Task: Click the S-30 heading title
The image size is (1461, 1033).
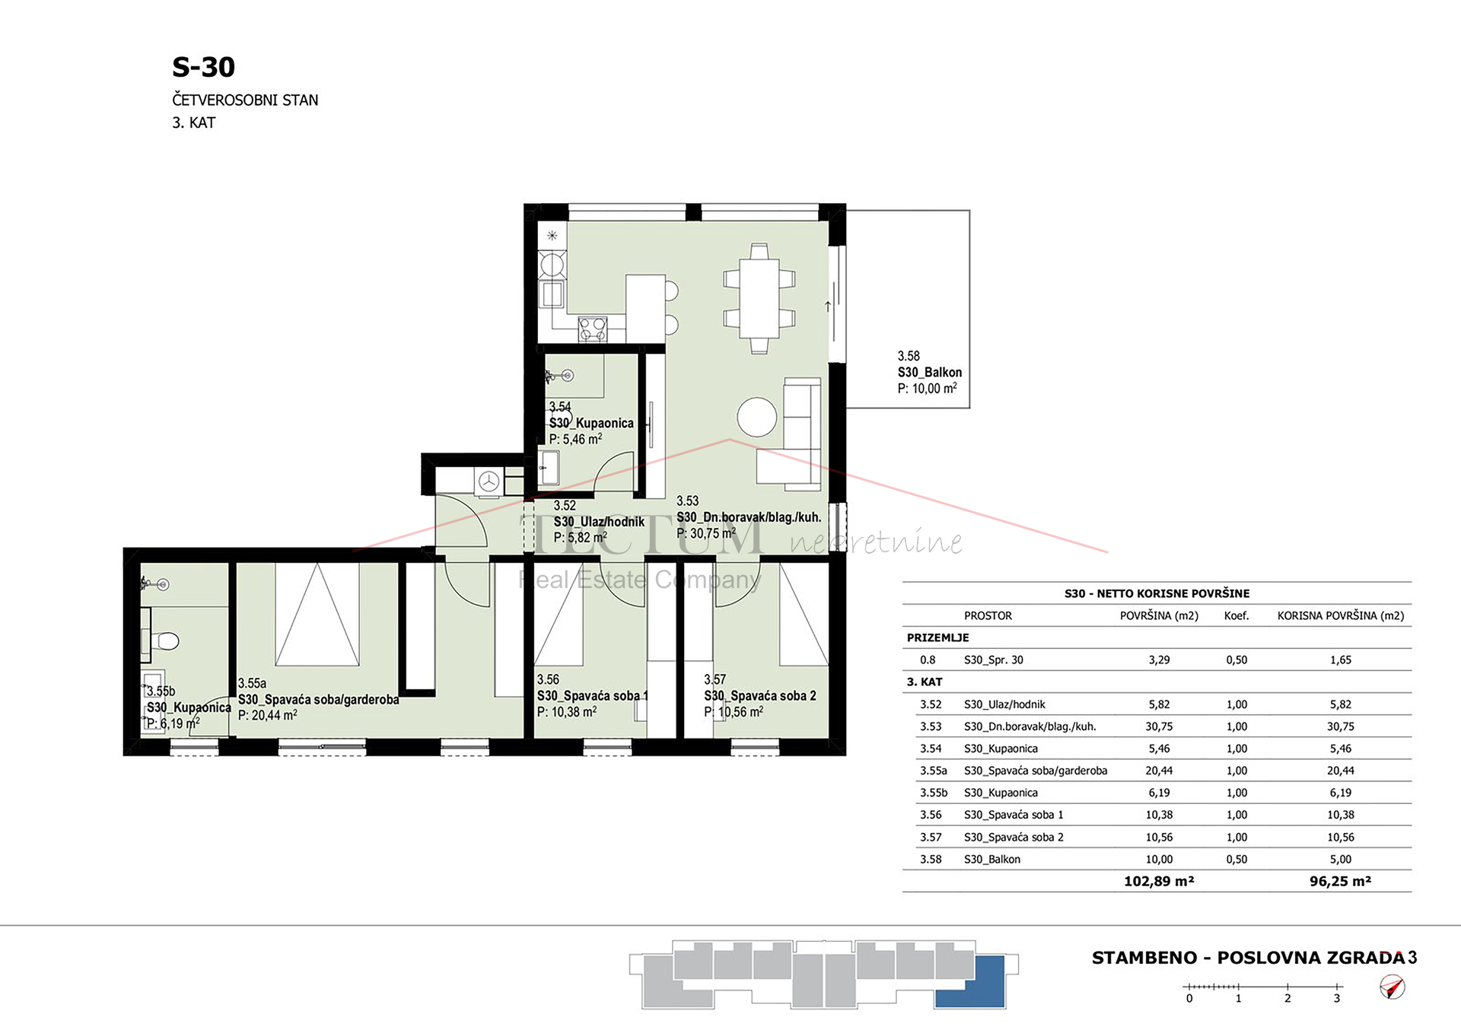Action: pos(203,67)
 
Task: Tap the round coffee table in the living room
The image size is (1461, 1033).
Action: pos(757,417)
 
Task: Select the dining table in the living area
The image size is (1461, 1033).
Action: pos(759,298)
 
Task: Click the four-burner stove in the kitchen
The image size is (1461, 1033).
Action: pos(593,329)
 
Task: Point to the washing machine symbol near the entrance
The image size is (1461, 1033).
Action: pos(489,482)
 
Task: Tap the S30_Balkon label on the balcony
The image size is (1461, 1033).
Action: pos(929,372)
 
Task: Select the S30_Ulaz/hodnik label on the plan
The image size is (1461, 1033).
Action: pos(599,522)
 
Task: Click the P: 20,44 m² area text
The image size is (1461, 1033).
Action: pos(267,715)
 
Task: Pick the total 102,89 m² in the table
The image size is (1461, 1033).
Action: pos(1159,881)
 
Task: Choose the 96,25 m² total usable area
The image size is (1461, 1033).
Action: pos(1340,881)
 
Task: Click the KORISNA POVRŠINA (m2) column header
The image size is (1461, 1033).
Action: pos(1341,615)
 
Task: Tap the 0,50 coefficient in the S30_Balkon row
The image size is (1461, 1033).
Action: pos(1237,859)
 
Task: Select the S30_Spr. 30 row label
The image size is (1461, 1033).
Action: pos(993,660)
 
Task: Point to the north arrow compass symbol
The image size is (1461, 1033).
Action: pos(1393,987)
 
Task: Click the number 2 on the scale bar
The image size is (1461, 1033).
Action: pos(1288,998)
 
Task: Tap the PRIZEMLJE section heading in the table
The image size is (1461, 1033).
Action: pos(937,637)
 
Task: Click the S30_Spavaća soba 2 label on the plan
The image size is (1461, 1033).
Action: pos(759,695)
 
